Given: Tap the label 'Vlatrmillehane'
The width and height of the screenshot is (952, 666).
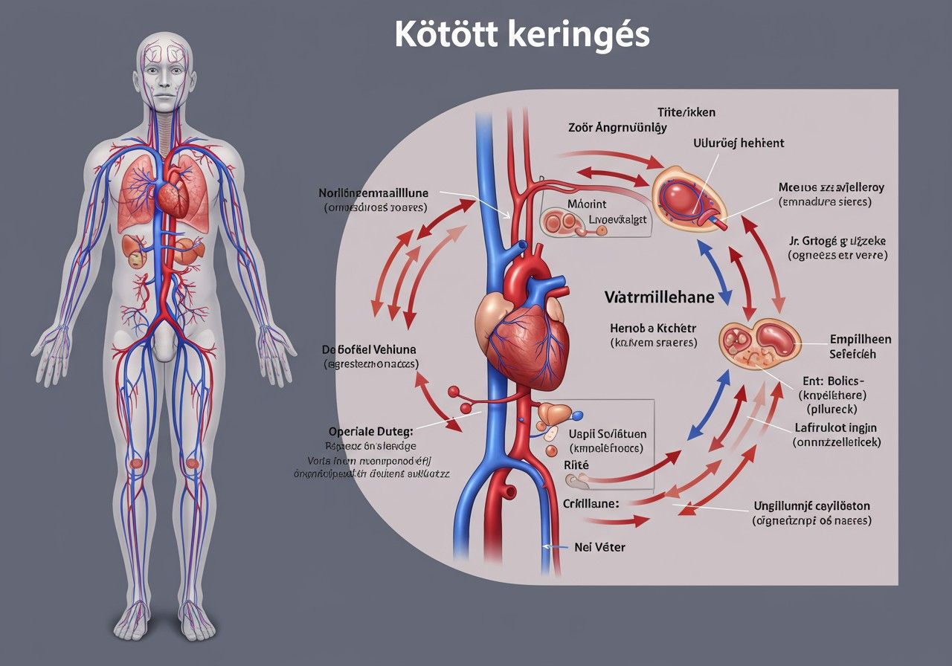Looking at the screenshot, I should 659,297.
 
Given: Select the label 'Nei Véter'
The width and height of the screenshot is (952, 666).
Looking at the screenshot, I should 600,547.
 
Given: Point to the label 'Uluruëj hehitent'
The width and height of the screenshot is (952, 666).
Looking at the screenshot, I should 739,142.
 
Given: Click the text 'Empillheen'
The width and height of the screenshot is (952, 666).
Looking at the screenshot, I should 860,340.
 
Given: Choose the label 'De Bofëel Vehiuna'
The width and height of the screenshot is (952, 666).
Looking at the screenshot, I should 369,349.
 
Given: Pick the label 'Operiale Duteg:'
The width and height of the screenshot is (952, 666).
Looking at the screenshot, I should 370,430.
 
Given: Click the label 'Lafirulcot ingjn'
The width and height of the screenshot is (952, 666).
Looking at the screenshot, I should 837,427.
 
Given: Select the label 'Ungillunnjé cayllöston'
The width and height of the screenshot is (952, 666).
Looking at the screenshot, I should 811,506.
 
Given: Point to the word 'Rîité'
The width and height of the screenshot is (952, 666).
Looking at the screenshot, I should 576,465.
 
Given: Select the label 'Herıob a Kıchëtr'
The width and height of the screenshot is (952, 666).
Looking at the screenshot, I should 653,328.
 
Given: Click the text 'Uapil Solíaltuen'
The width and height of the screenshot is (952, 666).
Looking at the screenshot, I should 607,434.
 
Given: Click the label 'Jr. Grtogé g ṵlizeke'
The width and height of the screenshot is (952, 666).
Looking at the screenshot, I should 837,241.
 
